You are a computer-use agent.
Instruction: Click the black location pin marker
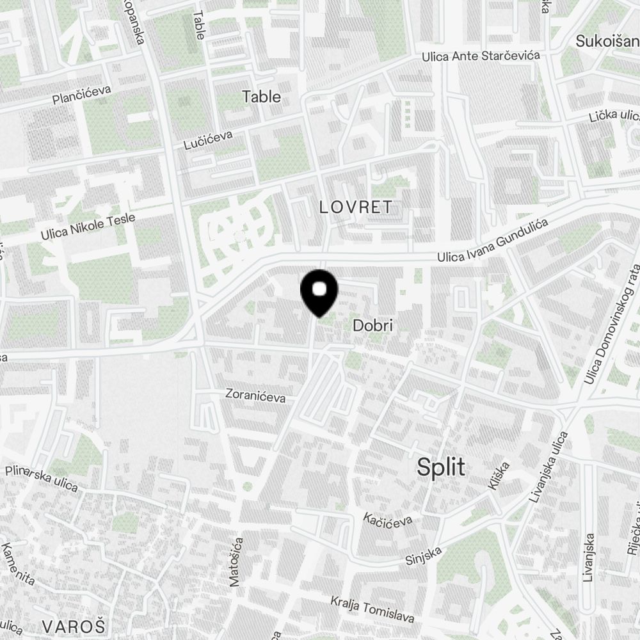319,292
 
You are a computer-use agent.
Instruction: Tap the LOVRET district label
355,206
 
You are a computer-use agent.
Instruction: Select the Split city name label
440,467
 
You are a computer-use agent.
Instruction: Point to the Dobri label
372,326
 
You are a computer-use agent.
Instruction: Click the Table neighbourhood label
261,97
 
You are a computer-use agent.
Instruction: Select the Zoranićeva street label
255,396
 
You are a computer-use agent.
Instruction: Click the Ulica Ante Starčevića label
481,56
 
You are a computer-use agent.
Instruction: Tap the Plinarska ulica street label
41,479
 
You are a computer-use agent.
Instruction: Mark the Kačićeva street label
387,520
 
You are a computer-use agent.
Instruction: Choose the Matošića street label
236,562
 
